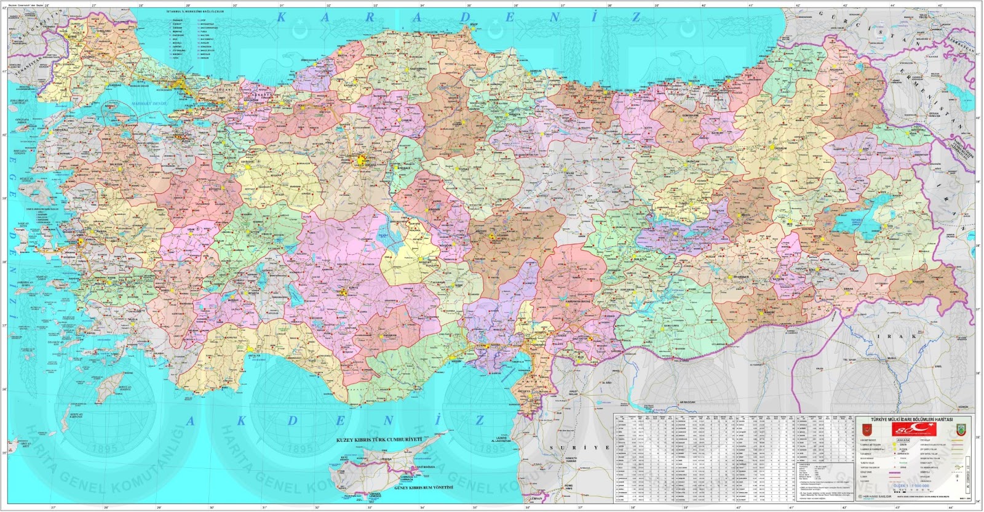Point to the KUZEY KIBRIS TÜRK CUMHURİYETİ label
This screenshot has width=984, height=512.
tap(379, 441)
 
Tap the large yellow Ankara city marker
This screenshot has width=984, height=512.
tap(360, 161)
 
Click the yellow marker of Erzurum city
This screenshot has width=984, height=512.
tap(779, 148)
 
